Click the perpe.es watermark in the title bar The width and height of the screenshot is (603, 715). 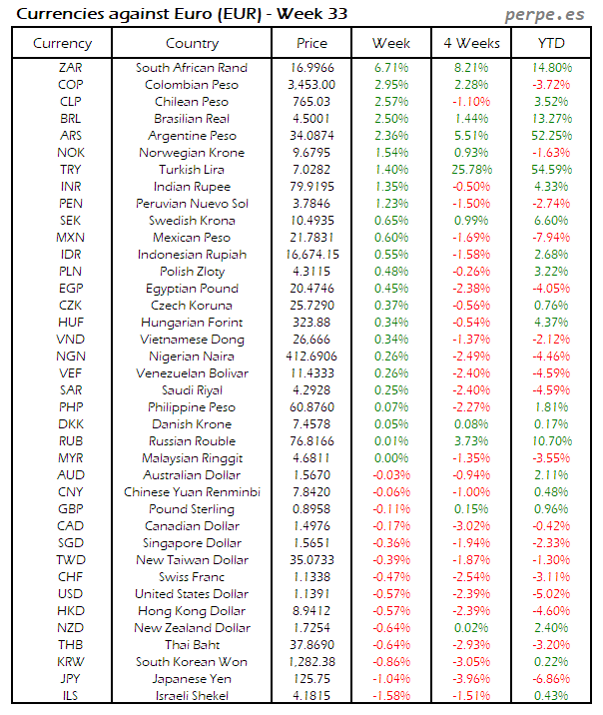(545, 14)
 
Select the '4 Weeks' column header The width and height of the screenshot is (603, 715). (470, 43)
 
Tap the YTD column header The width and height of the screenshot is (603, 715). (551, 43)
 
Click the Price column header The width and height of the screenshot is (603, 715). (311, 43)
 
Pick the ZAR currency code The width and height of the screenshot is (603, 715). (71, 68)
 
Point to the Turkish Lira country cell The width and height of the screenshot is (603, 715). (192, 170)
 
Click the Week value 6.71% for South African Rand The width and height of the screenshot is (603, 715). (390, 68)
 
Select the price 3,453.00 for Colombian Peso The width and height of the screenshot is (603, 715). (311, 85)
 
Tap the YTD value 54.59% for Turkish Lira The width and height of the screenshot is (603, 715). (551, 170)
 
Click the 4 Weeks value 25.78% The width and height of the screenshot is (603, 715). (470, 170)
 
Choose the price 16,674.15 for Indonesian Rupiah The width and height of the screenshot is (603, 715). (311, 255)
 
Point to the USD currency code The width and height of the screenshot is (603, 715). (71, 594)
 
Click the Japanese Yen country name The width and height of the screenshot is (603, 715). (192, 679)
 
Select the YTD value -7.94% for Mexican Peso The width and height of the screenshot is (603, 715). (551, 238)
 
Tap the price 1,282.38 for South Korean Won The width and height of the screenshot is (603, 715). (311, 662)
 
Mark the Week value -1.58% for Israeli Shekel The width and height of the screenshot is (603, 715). (390, 696)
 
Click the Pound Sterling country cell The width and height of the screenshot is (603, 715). (192, 509)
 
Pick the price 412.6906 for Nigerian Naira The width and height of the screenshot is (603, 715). (311, 357)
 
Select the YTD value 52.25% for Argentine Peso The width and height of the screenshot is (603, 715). (551, 136)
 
